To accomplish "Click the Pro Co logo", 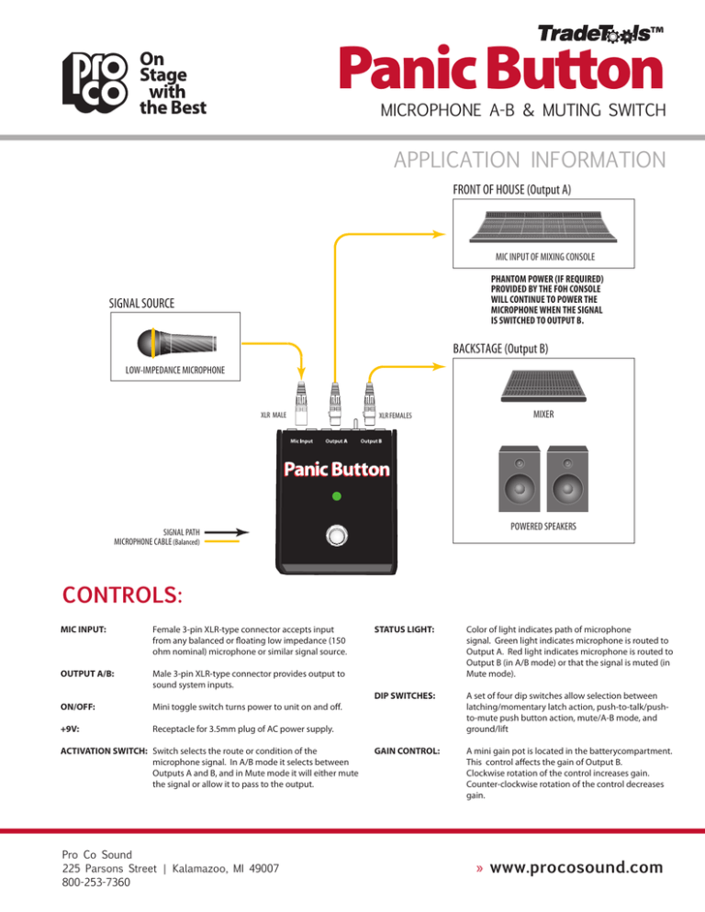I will [x=89, y=83].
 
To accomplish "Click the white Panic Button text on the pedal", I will [x=336, y=470].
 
